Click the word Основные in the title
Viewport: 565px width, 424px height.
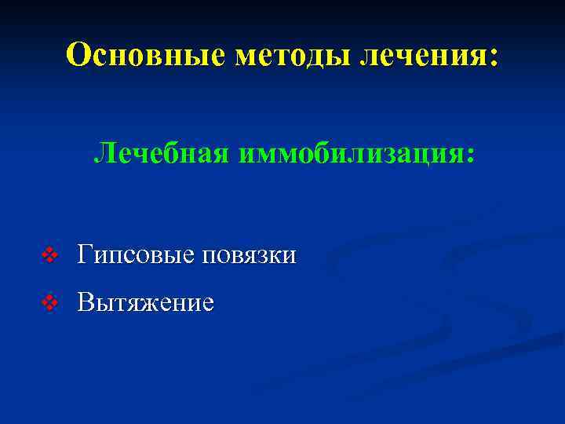[x=144, y=54]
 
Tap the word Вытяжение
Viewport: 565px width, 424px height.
[x=146, y=303]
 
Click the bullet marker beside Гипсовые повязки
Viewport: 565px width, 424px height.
[x=51, y=255]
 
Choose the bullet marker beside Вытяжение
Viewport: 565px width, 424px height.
[x=51, y=303]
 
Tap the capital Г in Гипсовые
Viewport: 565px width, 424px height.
[x=86, y=254]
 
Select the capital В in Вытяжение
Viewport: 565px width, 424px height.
[x=85, y=302]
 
